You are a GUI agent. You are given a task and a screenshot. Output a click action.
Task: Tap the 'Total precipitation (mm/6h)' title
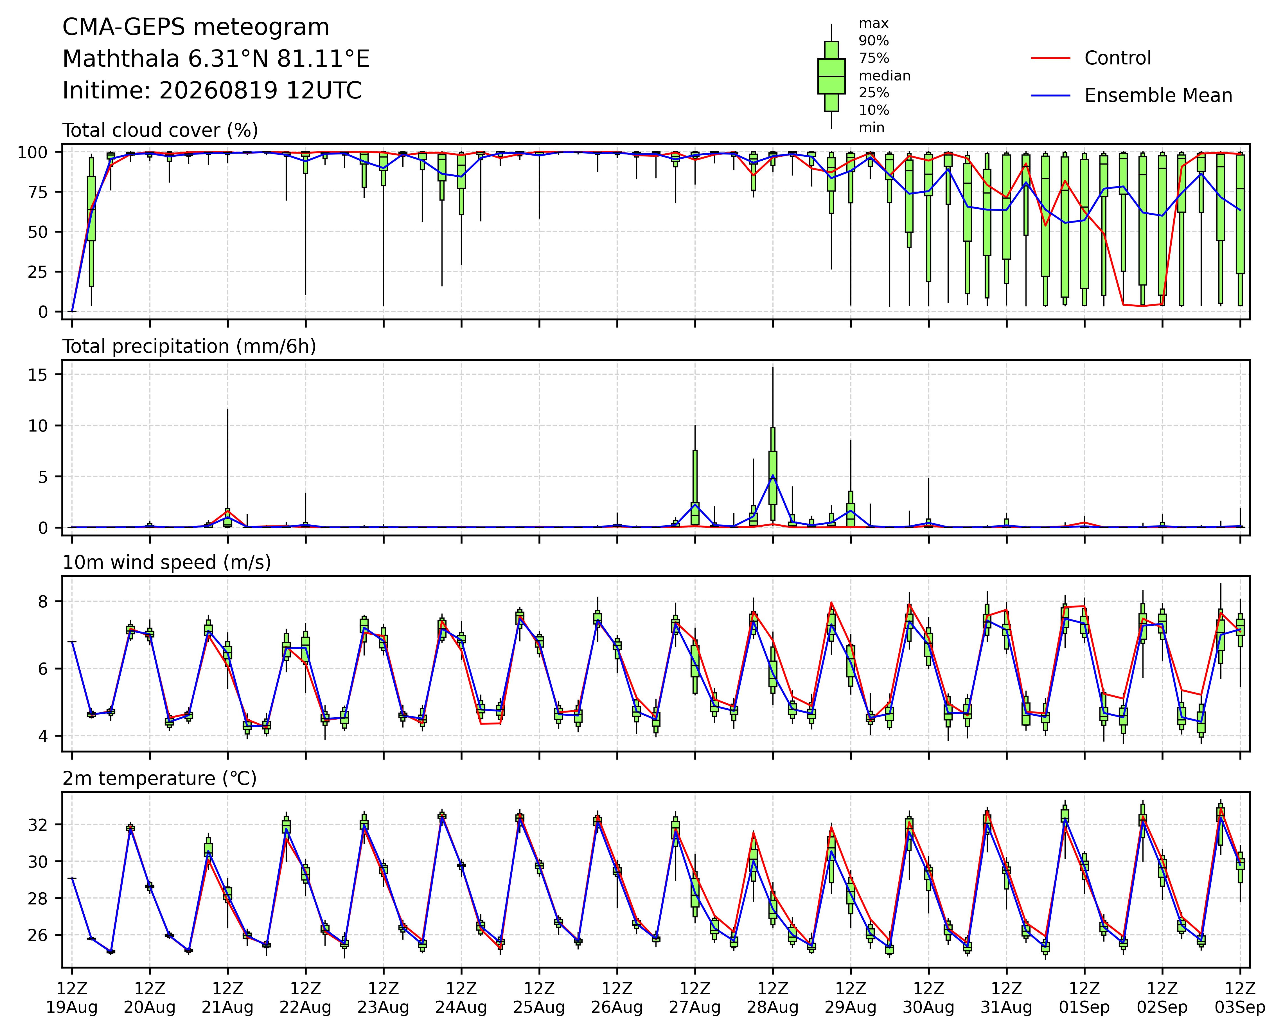189,347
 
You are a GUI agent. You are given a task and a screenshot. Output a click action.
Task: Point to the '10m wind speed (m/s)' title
167,563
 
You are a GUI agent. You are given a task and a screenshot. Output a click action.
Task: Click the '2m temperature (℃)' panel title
159,779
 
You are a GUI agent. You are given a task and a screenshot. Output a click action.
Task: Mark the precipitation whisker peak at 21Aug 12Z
227,408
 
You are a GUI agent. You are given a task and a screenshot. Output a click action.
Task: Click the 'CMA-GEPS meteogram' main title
196,27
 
